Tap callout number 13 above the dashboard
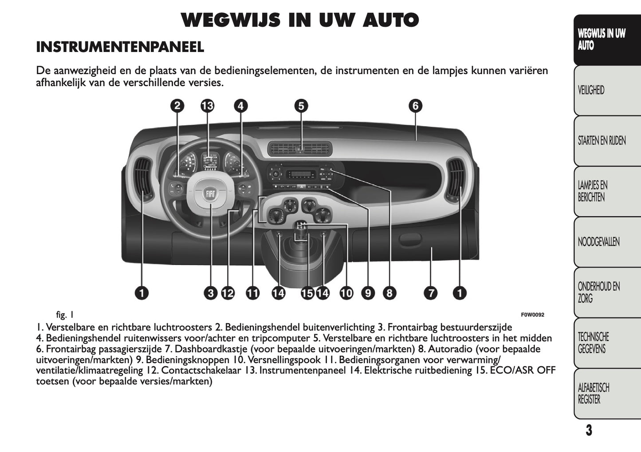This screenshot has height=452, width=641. (207, 106)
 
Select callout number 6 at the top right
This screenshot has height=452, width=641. (415, 106)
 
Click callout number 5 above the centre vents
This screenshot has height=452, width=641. (301, 106)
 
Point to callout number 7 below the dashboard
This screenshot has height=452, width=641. (430, 293)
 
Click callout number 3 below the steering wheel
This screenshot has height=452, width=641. (210, 293)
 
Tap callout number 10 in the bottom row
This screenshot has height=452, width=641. (346, 293)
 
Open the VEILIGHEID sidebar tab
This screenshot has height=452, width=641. (591, 91)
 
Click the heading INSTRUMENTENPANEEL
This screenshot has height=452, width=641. (120, 47)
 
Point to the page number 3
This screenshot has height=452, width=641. (589, 430)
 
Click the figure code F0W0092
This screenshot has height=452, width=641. (532, 315)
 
